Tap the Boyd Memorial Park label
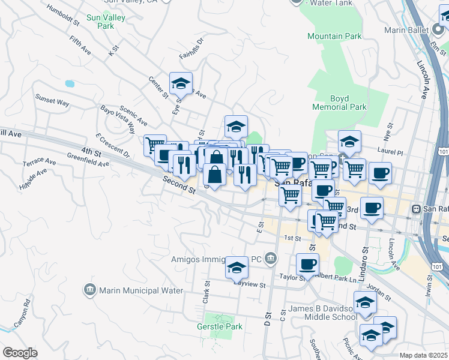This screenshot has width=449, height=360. click(x=339, y=103)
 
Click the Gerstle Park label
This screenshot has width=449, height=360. click(x=219, y=326)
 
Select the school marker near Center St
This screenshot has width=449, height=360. click(x=181, y=83)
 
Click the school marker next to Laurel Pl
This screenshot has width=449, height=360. click(x=349, y=142)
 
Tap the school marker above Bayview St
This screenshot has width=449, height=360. click(x=237, y=267)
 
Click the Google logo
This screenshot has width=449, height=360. click(x=20, y=353)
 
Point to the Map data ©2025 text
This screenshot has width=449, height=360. click(x=423, y=355)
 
